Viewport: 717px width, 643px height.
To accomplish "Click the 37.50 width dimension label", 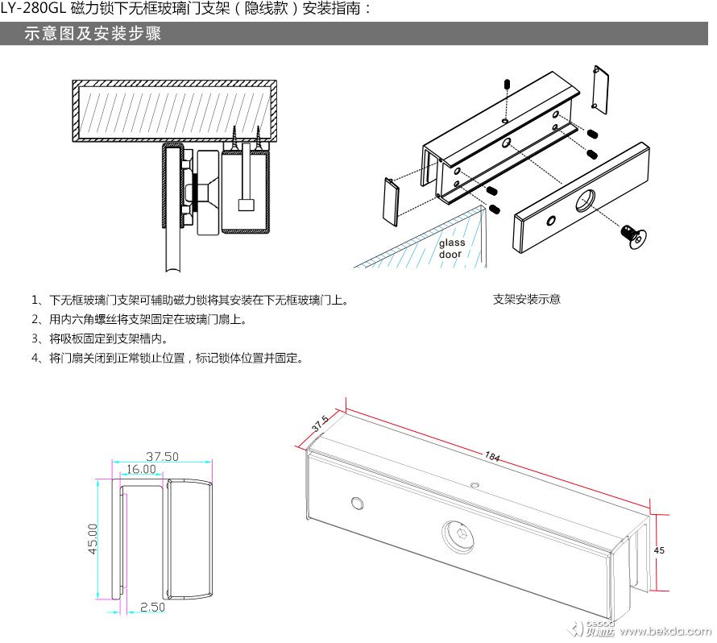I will [x=162, y=456].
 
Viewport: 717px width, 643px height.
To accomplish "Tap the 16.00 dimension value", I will [x=140, y=469].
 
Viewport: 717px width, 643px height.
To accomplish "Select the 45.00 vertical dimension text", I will [x=93, y=538].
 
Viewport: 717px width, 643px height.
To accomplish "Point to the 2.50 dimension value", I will [x=153, y=607].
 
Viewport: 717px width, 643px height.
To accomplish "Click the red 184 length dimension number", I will [x=491, y=456].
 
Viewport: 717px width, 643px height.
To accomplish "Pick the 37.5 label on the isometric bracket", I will [x=320, y=424].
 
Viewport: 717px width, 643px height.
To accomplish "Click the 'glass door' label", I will [x=451, y=248].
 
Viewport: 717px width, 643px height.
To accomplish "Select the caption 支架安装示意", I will [x=526, y=300].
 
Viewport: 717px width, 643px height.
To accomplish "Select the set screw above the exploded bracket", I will [x=506, y=85].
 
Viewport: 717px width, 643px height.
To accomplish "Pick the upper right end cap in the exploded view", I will [x=600, y=86].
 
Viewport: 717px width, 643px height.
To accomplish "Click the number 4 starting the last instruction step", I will [x=35, y=358].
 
